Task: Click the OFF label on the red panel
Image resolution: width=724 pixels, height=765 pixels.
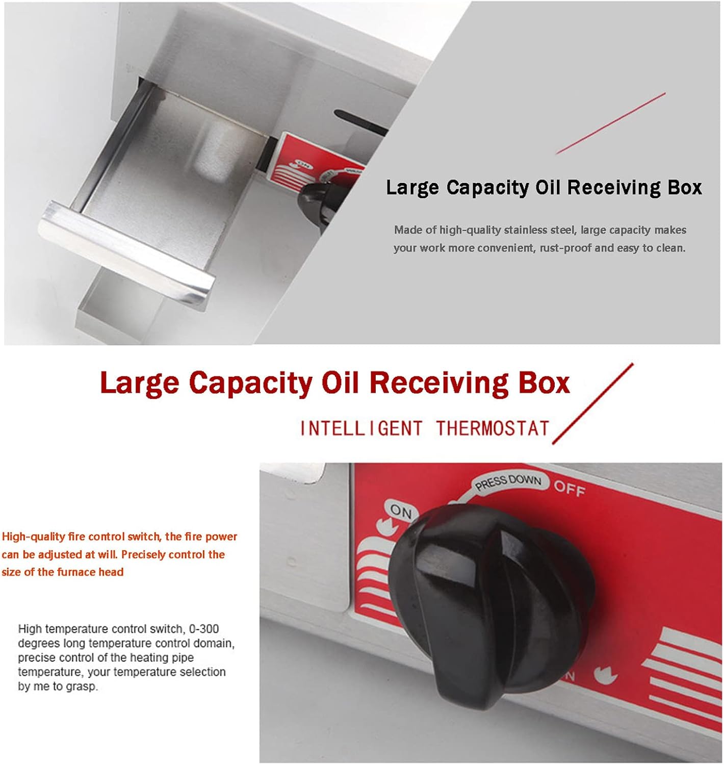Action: [570, 489]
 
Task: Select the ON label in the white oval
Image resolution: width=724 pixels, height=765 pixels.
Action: [401, 511]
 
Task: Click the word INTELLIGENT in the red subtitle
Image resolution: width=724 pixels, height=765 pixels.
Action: [361, 428]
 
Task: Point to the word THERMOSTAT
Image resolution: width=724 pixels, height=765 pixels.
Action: [493, 428]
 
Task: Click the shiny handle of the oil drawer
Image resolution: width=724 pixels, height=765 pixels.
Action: [126, 252]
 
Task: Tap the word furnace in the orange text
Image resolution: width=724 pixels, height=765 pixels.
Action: [76, 572]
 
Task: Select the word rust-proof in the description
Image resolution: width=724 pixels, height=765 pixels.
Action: [565, 248]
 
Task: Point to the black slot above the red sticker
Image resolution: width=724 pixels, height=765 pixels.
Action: [360, 121]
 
